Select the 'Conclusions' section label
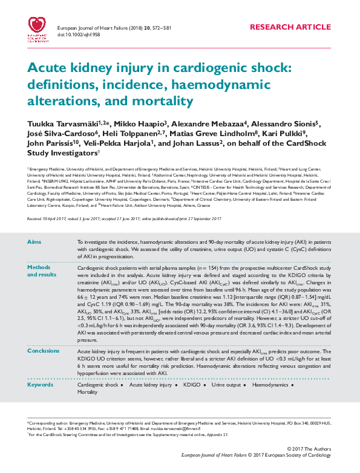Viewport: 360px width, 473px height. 44,351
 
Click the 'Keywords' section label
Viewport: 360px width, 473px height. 41,385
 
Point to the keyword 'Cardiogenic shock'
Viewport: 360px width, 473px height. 98,385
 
